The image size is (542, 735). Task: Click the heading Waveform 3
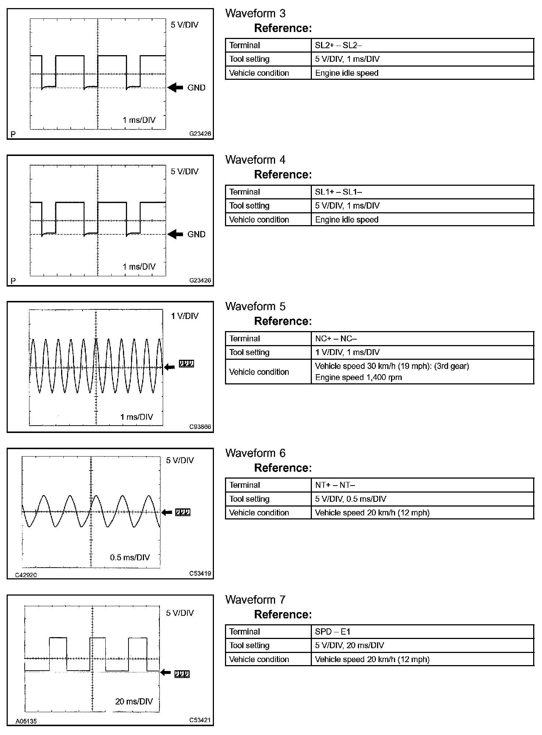pyautogui.click(x=255, y=14)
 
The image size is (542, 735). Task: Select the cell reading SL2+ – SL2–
pyautogui.click(x=338, y=45)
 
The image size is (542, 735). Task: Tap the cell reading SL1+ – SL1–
pyautogui.click(x=338, y=192)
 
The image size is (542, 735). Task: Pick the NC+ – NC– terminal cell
pyautogui.click(x=336, y=338)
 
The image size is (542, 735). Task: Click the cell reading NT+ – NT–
pyautogui.click(x=335, y=485)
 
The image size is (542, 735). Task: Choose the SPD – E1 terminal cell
pyautogui.click(x=332, y=632)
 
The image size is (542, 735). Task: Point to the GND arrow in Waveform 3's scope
pyautogui.click(x=175, y=88)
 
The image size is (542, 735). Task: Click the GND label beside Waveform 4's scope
pyautogui.click(x=196, y=234)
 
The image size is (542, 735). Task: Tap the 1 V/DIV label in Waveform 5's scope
pyautogui.click(x=184, y=316)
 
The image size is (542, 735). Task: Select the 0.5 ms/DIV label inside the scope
pyautogui.click(x=130, y=557)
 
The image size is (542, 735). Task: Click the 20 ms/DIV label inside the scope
pyautogui.click(x=134, y=701)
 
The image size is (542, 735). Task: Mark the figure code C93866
pyautogui.click(x=200, y=427)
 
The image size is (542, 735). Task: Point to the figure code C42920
pyautogui.click(x=26, y=575)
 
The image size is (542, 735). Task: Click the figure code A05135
pyautogui.click(x=26, y=721)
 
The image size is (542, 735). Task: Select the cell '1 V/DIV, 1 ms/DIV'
pyautogui.click(x=347, y=352)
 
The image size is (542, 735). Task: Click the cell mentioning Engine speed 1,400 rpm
pyautogui.click(x=358, y=377)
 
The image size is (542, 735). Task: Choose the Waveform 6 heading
pyautogui.click(x=255, y=453)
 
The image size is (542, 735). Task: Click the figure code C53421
pyautogui.click(x=200, y=720)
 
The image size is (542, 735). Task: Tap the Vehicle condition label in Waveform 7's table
pyautogui.click(x=259, y=659)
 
